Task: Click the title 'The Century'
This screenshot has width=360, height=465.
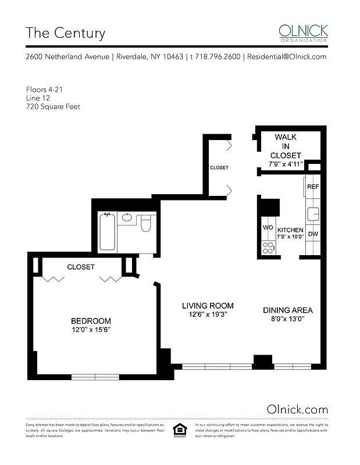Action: tap(65, 33)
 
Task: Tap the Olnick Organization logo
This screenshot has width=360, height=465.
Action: tap(303, 33)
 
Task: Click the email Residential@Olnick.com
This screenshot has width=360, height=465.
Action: tap(287, 57)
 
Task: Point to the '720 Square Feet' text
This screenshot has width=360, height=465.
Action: tap(53, 107)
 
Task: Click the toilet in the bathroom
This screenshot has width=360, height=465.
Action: tap(146, 221)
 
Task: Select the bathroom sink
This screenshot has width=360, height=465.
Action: tap(127, 219)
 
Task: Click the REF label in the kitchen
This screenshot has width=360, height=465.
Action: tap(313, 187)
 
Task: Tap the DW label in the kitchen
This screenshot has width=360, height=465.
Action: tap(313, 234)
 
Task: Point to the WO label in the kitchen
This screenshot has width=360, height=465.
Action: tap(268, 228)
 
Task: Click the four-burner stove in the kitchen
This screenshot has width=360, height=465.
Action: tap(269, 248)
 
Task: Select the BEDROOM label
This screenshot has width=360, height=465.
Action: tap(91, 321)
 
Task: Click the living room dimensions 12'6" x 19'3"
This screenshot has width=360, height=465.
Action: tap(208, 315)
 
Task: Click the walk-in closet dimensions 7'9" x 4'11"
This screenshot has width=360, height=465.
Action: tap(285, 164)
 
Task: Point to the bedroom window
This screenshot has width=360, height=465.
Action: tap(95, 377)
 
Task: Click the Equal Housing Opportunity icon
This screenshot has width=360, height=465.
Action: tap(180, 430)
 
